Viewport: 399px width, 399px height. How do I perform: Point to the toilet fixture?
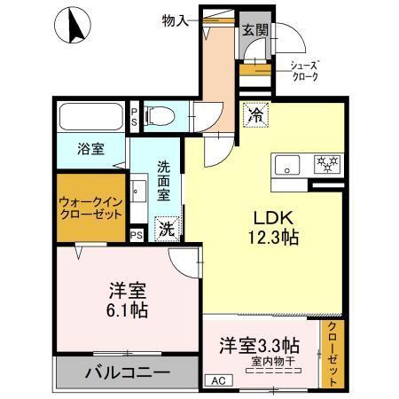(x=160, y=114)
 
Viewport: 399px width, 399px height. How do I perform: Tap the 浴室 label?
(x=90, y=149)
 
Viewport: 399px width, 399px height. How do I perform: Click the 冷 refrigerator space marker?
(x=256, y=114)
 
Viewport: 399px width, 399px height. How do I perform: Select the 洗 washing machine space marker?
(x=166, y=229)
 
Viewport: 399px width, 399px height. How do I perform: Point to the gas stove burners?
(x=325, y=164)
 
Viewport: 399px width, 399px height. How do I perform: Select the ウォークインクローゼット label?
(x=90, y=207)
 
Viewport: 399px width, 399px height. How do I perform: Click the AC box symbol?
(x=215, y=380)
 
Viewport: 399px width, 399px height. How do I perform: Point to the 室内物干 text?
(x=261, y=359)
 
